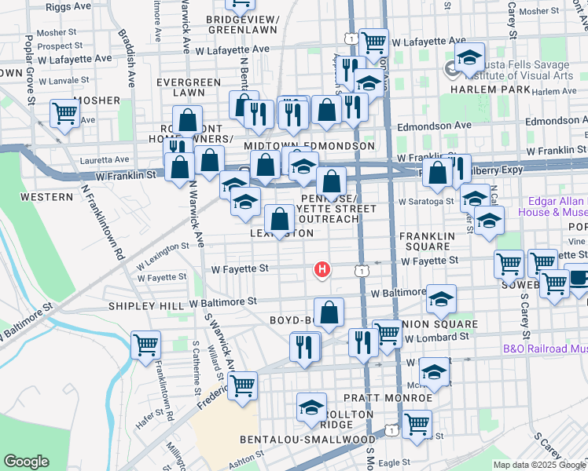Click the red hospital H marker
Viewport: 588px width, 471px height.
(x=322, y=269)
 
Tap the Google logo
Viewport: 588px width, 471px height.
(x=26, y=462)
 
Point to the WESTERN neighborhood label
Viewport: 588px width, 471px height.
(x=46, y=196)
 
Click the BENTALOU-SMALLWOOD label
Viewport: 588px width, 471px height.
(x=308, y=439)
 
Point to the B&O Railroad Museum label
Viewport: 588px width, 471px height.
(x=545, y=349)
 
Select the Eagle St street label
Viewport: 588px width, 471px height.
(x=393, y=463)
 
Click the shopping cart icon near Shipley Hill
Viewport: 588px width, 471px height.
(x=146, y=344)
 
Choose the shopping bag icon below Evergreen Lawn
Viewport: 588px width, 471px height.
(x=187, y=120)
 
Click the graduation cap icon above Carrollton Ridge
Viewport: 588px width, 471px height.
(x=311, y=407)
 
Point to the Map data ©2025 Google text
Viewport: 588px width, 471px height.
(x=538, y=465)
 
